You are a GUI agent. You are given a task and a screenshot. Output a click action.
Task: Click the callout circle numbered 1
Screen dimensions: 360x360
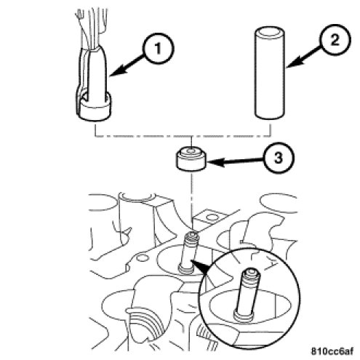click(158, 49)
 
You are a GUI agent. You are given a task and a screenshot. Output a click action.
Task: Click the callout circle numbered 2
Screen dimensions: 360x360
click(335, 40)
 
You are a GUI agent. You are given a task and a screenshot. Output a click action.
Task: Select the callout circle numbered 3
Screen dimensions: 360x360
click(279, 158)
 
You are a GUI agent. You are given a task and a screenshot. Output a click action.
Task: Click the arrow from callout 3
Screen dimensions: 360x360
click(236, 161)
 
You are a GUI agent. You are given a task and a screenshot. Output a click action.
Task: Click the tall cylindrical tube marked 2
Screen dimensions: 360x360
click(270, 73)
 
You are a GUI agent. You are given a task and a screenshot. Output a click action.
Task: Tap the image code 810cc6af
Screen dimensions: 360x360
click(332, 351)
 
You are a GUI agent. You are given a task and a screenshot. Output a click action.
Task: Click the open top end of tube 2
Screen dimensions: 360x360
click(270, 31)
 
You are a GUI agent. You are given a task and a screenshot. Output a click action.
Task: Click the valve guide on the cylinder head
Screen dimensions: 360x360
click(188, 252)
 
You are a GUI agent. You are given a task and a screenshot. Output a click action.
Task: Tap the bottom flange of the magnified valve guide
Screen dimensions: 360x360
click(244, 316)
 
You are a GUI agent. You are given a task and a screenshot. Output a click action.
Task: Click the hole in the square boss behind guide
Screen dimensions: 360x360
click(213, 217)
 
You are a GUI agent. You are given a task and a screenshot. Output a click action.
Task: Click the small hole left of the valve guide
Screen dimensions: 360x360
click(141, 258)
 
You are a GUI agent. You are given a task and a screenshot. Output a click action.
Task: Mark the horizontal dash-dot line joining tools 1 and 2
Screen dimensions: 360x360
click(183, 136)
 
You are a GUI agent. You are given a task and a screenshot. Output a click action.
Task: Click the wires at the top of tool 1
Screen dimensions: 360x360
click(92, 28)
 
